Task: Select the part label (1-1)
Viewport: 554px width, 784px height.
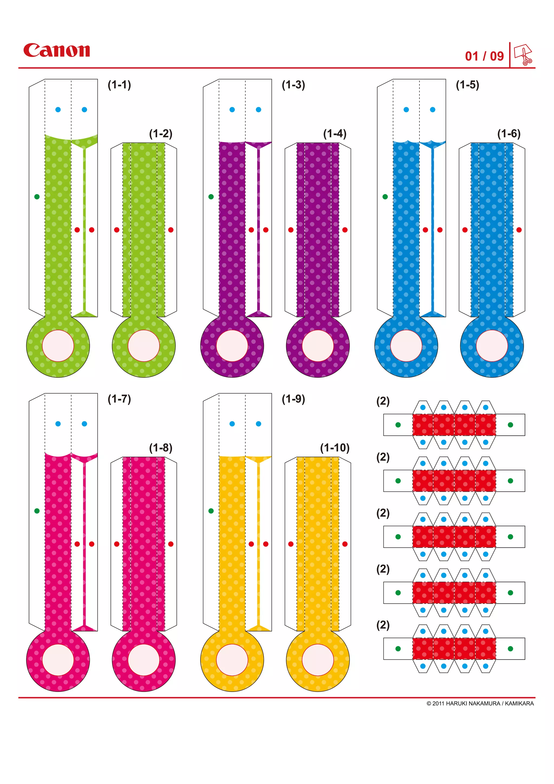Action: point(119,85)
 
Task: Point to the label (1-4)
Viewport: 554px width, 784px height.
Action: point(335,133)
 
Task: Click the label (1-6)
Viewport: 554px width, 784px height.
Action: point(509,133)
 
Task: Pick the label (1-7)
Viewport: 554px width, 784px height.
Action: point(119,399)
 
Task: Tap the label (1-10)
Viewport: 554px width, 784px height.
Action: point(335,448)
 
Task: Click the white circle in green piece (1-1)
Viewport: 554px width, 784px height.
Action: point(58,345)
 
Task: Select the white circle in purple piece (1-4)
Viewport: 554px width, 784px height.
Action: point(318,345)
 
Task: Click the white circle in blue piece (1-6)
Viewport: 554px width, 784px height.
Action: point(492,345)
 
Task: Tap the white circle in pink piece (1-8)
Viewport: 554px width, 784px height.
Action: point(144,660)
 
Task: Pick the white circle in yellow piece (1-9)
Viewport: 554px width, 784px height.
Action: point(232,660)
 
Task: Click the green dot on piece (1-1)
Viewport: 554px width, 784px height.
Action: point(37,197)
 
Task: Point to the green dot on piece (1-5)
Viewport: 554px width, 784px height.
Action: point(385,197)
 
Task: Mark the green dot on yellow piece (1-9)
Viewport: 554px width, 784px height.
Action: point(211,511)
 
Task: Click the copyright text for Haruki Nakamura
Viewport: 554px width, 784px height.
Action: point(480,703)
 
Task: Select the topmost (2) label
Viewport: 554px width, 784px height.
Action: point(383,401)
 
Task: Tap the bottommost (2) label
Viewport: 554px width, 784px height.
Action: point(383,625)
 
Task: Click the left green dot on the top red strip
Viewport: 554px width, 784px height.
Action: point(398,425)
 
